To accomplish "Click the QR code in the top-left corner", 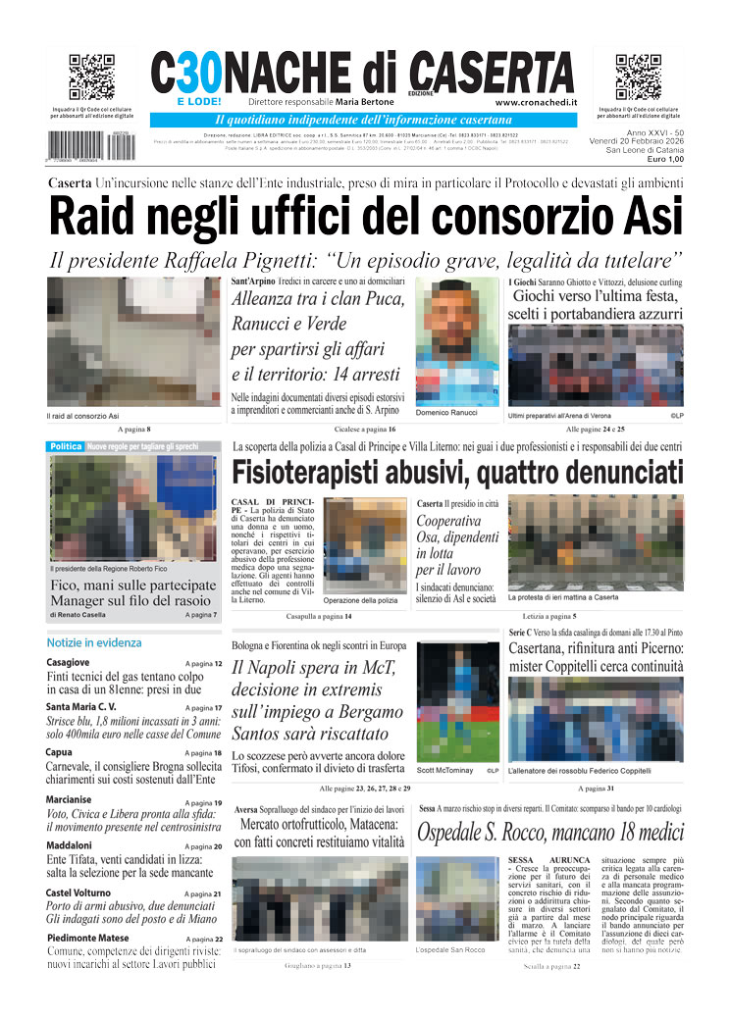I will pyautogui.click(x=91, y=77).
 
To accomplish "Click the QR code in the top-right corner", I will pyautogui.click(x=638, y=77).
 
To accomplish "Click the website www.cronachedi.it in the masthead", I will pyautogui.click(x=536, y=102).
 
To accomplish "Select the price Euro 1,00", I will pyautogui.click(x=664, y=159).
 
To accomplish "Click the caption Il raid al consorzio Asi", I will pyautogui.click(x=83, y=416).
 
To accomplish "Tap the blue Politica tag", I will pyautogui.click(x=66, y=446).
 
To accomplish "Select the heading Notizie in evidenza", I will pyautogui.click(x=94, y=642).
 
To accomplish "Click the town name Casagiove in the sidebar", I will pyautogui.click(x=68, y=663).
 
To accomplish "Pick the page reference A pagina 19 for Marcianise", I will pyautogui.click(x=203, y=802).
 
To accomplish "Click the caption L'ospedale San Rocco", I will pyautogui.click(x=450, y=949).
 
